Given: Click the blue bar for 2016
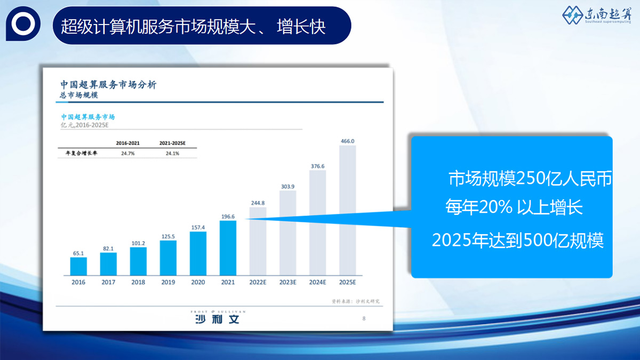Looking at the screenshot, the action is pyautogui.click(x=78, y=266).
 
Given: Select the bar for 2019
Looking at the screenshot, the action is pyautogui.click(x=168, y=258).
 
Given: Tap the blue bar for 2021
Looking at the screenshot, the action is pyautogui.click(x=228, y=248).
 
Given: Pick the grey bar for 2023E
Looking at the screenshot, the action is pyautogui.click(x=287, y=233).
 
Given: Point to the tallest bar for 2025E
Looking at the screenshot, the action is pyautogui.click(x=348, y=210).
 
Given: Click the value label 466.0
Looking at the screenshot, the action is pyautogui.click(x=347, y=141).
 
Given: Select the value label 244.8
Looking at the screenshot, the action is pyautogui.click(x=258, y=203).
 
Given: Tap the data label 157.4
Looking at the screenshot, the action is pyautogui.click(x=198, y=227).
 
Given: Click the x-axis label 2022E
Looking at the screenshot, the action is pyautogui.click(x=258, y=282).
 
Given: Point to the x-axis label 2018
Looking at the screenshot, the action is pyautogui.click(x=138, y=282).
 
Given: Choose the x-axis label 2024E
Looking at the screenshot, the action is pyautogui.click(x=318, y=282).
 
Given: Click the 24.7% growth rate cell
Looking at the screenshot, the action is pyautogui.click(x=127, y=154).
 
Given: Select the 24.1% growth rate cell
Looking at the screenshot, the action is pyautogui.click(x=173, y=154).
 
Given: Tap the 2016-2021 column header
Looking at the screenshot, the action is pyautogui.click(x=127, y=143).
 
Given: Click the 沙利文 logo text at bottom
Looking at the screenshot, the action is pyautogui.click(x=217, y=319).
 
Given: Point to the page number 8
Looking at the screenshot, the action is pyautogui.click(x=364, y=318).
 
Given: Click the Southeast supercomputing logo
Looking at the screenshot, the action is pyautogui.click(x=597, y=15).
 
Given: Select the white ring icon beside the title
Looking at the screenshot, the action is pyautogui.click(x=23, y=23).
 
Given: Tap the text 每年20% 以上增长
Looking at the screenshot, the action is pyautogui.click(x=514, y=207).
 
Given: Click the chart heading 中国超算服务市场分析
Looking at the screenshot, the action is pyautogui.click(x=108, y=85).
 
